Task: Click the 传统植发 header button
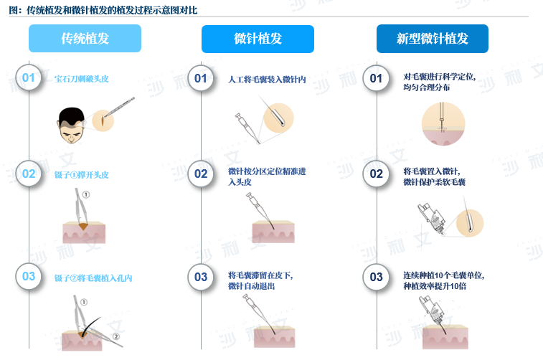pyautogui.click(x=85, y=39)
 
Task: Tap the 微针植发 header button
pyautogui.click(x=258, y=39)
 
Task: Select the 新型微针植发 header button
pyautogui.click(x=433, y=39)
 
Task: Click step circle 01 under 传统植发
pyautogui.click(x=29, y=77)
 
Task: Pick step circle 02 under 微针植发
pyautogui.click(x=201, y=174)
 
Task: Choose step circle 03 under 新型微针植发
pyautogui.click(x=376, y=277)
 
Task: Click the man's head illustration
pyautogui.click(x=71, y=125)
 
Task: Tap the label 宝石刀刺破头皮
pyautogui.click(x=81, y=79)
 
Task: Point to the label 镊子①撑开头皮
pyautogui.click(x=81, y=175)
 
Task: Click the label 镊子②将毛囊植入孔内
pyautogui.click(x=93, y=278)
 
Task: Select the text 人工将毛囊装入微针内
pyautogui.click(x=267, y=80)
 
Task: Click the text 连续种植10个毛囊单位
pyautogui.click(x=443, y=275)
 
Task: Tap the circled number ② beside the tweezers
pyautogui.click(x=116, y=336)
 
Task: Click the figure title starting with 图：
pyautogui.click(x=103, y=10)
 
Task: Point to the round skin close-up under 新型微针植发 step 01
pyautogui.click(x=443, y=123)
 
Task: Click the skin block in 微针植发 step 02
pyautogui.click(x=273, y=232)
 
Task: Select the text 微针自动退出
pyautogui.click(x=251, y=286)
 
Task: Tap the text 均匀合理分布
pyautogui.click(x=427, y=87)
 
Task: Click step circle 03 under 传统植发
pyautogui.click(x=29, y=276)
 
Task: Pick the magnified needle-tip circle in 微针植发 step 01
pyautogui.click(x=278, y=118)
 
